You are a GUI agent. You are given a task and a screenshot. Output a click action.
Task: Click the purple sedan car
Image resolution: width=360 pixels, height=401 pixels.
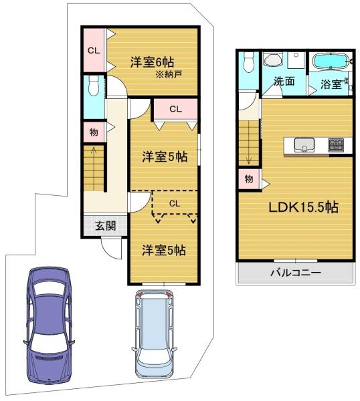coord(49,325)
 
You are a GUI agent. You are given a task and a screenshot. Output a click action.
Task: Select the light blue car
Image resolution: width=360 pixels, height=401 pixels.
coord(154,334)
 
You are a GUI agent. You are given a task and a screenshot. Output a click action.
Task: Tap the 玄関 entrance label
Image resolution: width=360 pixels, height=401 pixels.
coord(105,226)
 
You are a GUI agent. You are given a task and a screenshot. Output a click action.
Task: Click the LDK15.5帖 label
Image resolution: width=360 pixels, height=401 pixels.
coord(303,207)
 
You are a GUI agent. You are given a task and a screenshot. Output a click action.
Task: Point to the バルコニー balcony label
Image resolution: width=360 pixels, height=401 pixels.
coord(296,273)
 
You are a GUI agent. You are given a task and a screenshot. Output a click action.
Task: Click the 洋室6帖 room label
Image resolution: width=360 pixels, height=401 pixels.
coord(152,62)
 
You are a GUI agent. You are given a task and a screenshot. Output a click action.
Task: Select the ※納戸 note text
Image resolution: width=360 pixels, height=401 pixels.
coord(169,74)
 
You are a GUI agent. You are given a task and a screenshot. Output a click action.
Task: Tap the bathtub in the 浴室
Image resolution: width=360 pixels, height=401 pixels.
coord(331,61)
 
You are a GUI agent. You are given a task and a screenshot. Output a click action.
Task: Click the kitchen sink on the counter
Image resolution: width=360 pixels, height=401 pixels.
coord(304,145)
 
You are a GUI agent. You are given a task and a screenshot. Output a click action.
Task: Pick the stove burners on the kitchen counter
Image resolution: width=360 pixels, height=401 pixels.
coord(336,145)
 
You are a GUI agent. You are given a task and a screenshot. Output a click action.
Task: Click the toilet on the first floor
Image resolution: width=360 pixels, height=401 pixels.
coord(94,86)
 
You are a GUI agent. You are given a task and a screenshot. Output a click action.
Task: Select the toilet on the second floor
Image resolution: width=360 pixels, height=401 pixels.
coord(248,62)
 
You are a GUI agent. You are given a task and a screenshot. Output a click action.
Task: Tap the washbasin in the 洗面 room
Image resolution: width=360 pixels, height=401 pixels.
coord(273,60)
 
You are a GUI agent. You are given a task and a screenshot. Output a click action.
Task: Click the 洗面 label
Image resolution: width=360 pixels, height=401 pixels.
coord(284,81)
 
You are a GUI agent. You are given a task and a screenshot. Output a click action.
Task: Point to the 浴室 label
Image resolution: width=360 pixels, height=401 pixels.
coord(331,84)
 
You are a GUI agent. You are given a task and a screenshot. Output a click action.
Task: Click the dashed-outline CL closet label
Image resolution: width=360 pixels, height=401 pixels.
coord(175,204)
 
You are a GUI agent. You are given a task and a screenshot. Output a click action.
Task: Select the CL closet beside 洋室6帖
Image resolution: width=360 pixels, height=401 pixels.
coord(94,51)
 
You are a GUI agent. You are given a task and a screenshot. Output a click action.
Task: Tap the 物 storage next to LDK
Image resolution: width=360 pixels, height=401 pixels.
coord(249,179)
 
